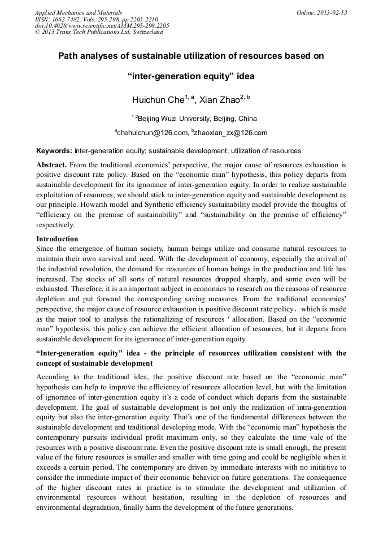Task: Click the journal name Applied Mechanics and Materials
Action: coord(79,12)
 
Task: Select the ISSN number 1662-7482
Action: coord(67,19)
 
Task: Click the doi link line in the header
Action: coord(102,25)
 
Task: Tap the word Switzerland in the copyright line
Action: coord(145,32)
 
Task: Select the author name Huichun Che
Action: coord(158,100)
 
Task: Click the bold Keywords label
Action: coord(54,151)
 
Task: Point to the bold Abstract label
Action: coord(51,164)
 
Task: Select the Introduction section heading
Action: coord(57,239)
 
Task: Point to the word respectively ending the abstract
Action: coord(55,224)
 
